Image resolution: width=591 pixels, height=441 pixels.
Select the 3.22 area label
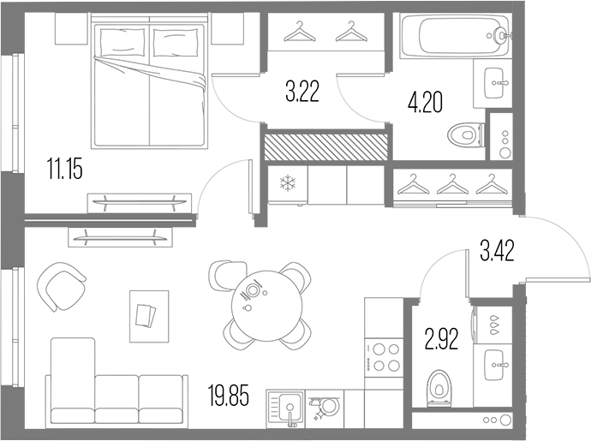click(x=302, y=92)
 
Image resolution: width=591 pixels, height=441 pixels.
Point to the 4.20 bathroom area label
click(x=425, y=103)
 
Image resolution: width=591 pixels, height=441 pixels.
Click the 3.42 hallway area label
click(x=497, y=252)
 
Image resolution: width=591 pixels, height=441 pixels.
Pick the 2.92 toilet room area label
click(x=441, y=339)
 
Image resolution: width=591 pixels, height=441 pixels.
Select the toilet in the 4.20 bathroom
click(x=466, y=134)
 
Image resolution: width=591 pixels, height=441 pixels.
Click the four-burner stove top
click(x=384, y=357)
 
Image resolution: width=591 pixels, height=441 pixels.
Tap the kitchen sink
click(x=285, y=409)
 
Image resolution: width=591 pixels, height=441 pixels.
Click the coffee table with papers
click(x=149, y=316)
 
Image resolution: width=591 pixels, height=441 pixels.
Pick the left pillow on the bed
click(x=122, y=40)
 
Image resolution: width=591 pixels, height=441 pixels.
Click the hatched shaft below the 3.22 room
click(x=325, y=146)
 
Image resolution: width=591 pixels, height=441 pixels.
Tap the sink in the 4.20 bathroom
click(x=493, y=83)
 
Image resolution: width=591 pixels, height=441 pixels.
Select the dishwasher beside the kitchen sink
click(x=325, y=409)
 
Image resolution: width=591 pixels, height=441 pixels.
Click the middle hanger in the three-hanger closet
click(x=452, y=184)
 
